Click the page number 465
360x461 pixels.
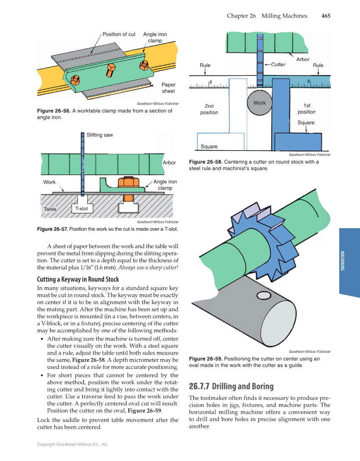coord(326,16)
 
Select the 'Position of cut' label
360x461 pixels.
coord(119,34)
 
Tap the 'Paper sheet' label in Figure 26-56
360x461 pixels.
coord(168,88)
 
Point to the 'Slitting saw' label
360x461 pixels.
coord(100,135)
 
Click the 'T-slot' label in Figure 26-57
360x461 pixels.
coord(81,209)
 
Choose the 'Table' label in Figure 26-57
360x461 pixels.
coord(50,210)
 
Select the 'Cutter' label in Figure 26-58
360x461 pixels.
coord(278,64)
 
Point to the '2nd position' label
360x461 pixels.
coord(209,109)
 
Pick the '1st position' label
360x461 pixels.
coord(307,109)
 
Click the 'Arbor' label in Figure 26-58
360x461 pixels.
coord(302,59)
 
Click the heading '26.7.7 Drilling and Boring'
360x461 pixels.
coord(231,386)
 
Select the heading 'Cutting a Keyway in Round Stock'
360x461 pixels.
coord(78,279)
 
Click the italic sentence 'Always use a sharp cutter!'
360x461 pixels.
coord(148,268)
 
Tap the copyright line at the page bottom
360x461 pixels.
coord(73,444)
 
